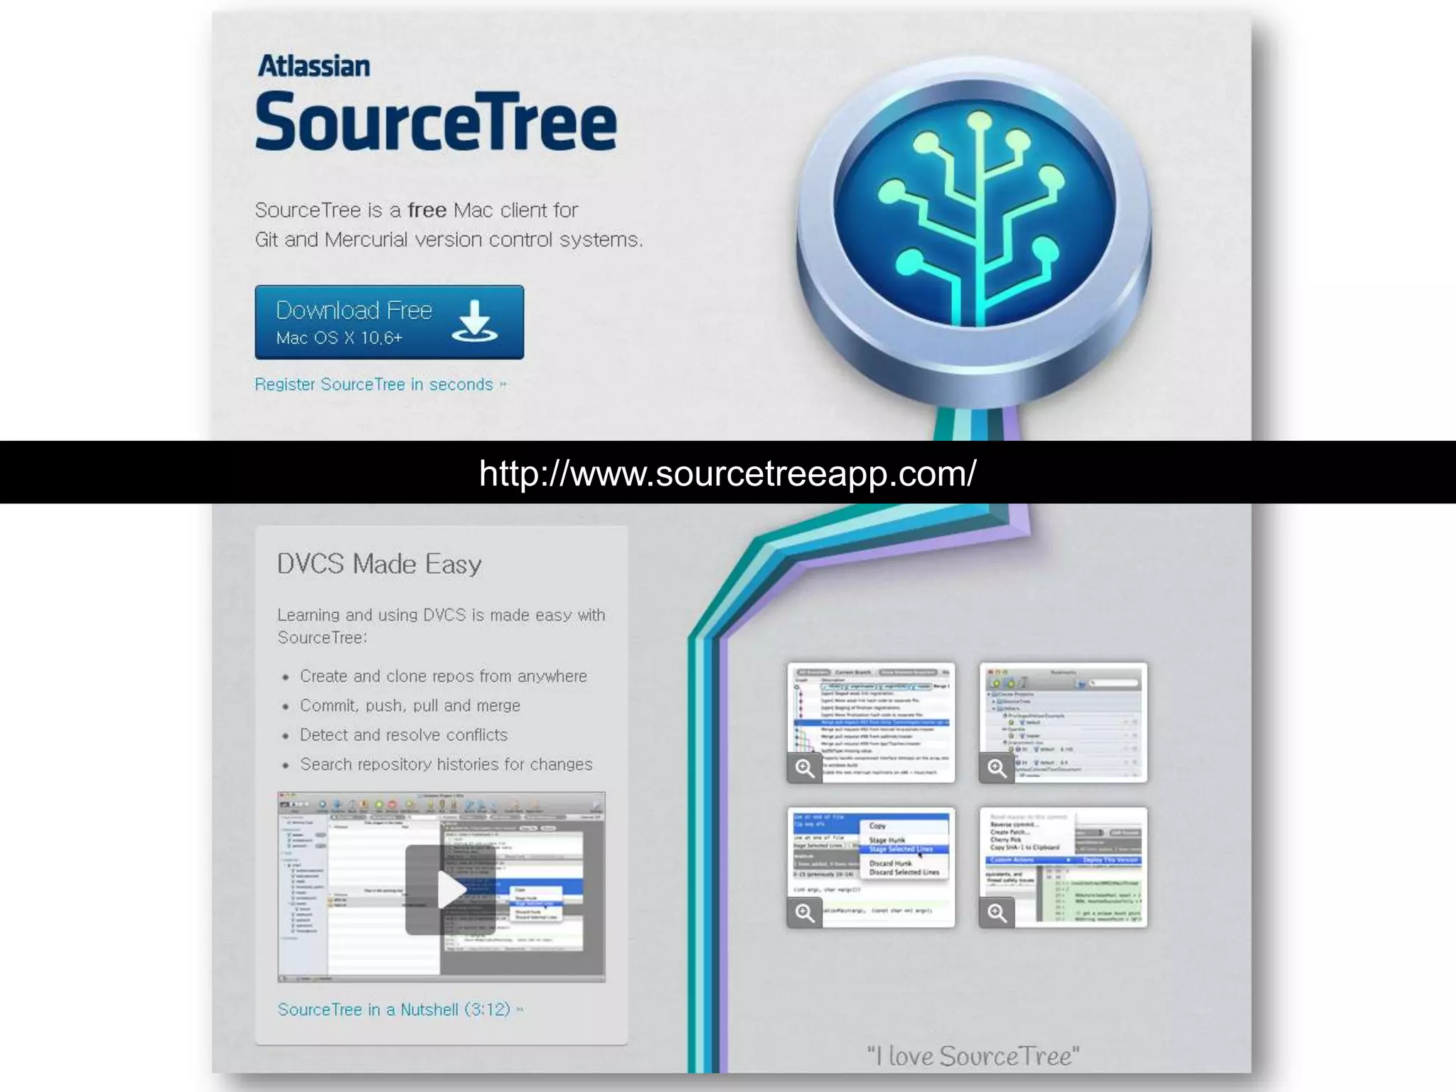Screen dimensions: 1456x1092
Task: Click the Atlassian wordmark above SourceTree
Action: coord(314,66)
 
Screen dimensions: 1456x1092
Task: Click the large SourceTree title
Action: coord(435,122)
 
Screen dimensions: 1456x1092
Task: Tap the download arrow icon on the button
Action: coord(474,321)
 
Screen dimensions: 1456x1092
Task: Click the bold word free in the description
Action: coord(427,210)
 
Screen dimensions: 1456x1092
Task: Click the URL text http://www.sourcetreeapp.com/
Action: coord(727,473)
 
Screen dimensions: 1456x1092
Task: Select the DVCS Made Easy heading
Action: coord(379,564)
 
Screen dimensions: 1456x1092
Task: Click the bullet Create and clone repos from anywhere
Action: coord(443,676)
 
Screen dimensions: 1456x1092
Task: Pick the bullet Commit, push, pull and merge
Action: coord(409,705)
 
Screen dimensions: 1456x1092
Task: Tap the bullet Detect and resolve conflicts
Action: coord(403,735)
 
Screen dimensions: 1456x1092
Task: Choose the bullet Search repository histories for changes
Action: coord(446,764)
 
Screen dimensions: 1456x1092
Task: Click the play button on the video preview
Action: coord(449,889)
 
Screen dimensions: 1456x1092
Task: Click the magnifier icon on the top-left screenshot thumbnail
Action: coord(805,768)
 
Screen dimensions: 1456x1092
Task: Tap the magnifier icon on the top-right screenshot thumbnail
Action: coord(997,768)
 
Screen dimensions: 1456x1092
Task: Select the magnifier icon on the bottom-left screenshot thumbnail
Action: coord(805,913)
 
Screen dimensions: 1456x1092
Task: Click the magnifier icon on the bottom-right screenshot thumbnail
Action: coord(997,913)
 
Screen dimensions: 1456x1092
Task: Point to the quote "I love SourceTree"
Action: coord(973,1056)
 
